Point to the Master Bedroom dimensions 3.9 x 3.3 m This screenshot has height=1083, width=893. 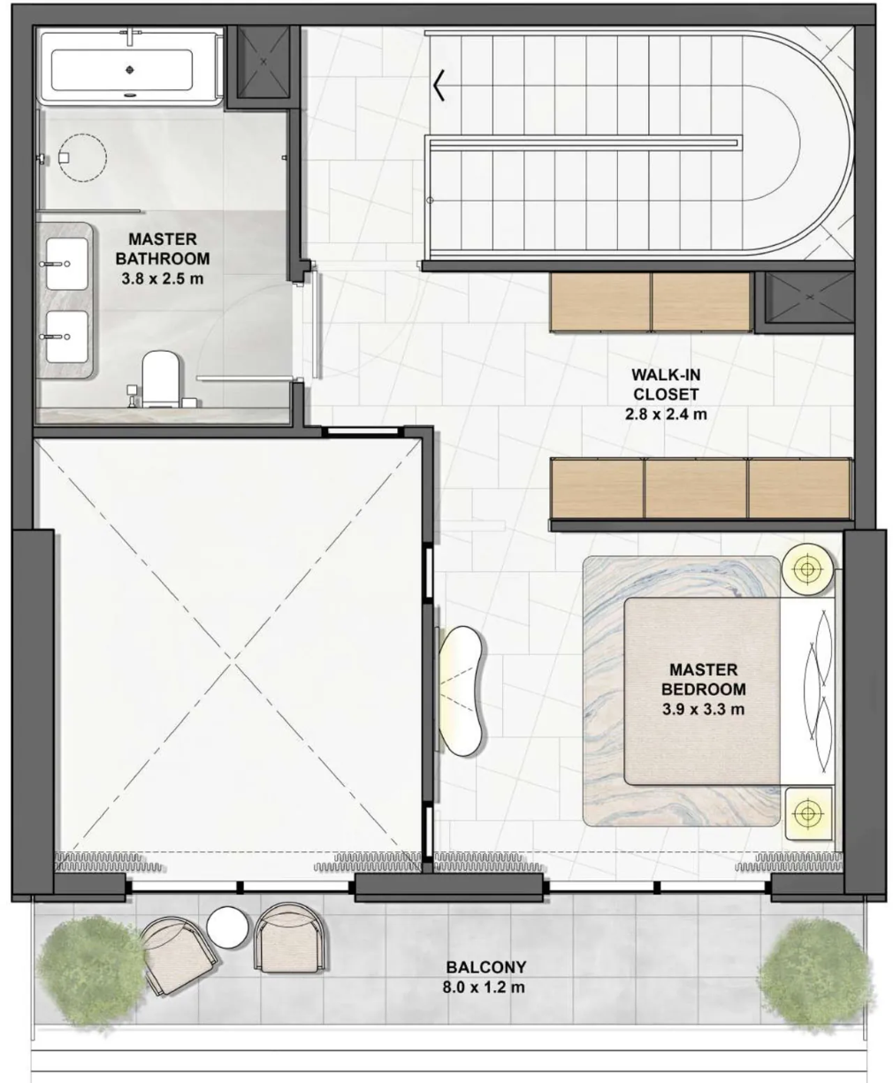[703, 708]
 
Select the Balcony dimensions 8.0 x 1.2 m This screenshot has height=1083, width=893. [484, 987]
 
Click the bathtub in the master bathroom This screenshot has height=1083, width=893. [131, 69]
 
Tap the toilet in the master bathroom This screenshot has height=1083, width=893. [160, 379]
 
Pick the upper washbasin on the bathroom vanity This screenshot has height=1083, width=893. [67, 263]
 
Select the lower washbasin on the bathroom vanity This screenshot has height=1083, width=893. [67, 337]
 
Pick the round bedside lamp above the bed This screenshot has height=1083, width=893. [806, 569]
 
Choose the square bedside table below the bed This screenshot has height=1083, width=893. [808, 812]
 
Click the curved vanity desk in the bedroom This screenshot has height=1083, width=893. [462, 690]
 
